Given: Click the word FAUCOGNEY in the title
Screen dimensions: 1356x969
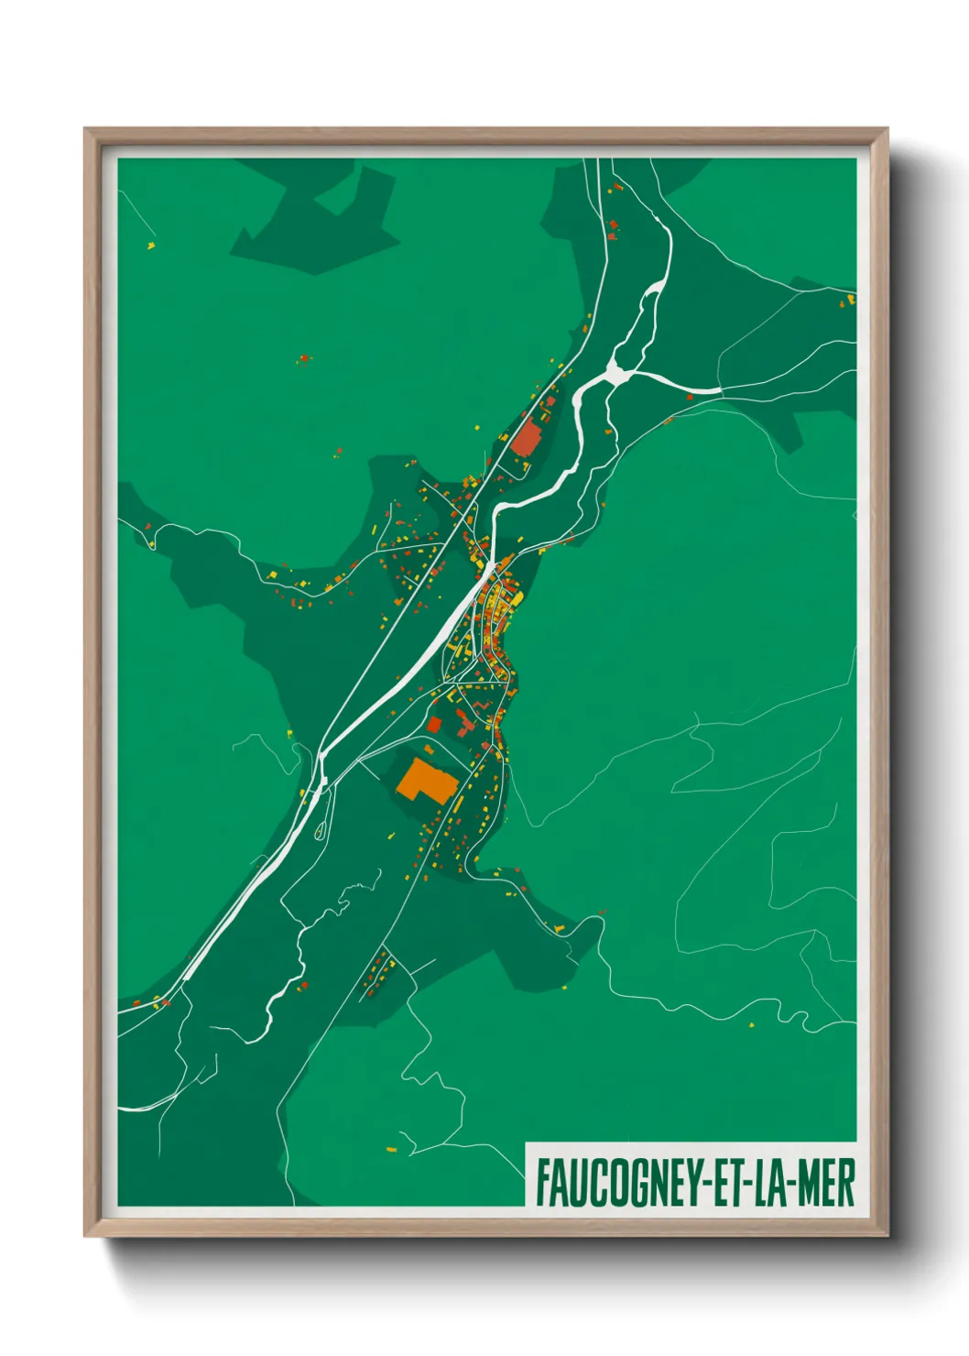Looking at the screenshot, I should pyautogui.click(x=616, y=1183).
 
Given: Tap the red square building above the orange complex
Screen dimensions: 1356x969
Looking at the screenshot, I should pyautogui.click(x=434, y=725).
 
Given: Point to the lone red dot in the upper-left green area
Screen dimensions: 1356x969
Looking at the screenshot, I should pyautogui.click(x=303, y=358).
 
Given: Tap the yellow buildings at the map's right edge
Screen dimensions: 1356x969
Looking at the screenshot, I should pyautogui.click(x=849, y=300).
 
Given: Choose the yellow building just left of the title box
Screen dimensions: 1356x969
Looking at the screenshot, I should pyautogui.click(x=392, y=1148).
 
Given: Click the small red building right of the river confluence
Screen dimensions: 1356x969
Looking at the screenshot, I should pyautogui.click(x=690, y=397).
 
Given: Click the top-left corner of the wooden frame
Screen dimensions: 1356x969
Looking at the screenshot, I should pyautogui.click(x=86, y=130).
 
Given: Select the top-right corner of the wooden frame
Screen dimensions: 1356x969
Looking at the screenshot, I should pyautogui.click(x=887, y=130).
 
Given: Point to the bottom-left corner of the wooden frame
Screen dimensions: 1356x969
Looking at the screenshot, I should pyautogui.click(x=86, y=1234).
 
